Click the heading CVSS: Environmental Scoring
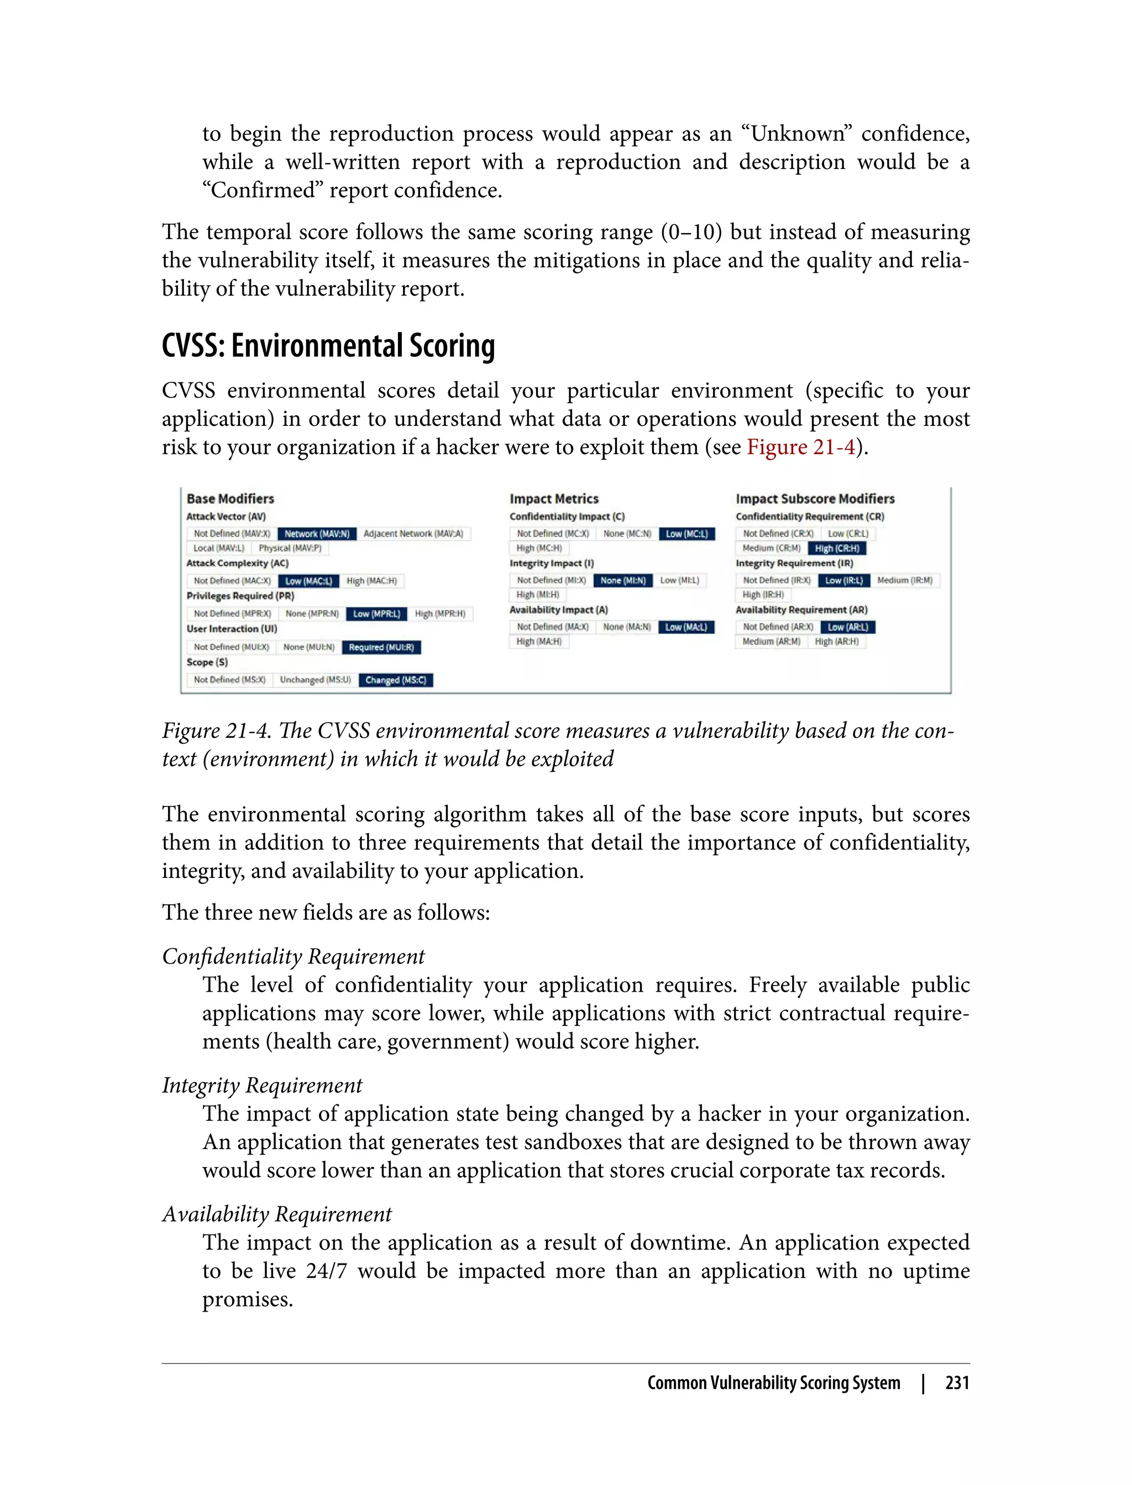pos(328,346)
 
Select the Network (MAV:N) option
pos(317,533)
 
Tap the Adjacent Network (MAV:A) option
pos(413,533)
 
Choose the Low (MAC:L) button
pos(308,581)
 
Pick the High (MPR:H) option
pos(440,614)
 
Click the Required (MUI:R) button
pos(381,647)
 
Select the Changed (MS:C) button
pos(396,680)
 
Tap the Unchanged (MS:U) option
pos(316,680)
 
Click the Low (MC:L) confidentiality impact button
pos(686,533)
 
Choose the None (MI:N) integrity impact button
pos(622,581)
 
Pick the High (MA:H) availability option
pos(538,642)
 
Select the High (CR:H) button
pos(837,548)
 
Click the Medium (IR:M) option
pos(905,581)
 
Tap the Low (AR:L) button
pos(848,627)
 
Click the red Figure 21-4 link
pos(800,447)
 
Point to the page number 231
pos(957,1383)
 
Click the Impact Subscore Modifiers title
pos(815,498)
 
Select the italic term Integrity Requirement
pos(262,1085)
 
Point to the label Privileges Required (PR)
pos(240,596)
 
